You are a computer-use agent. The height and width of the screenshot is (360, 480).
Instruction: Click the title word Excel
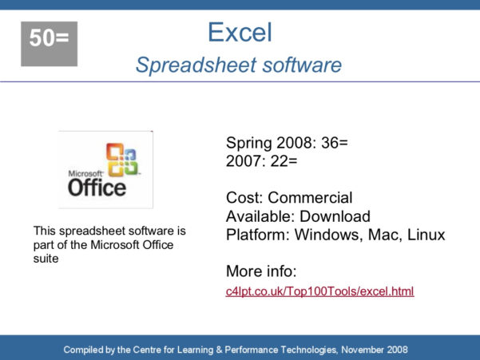pyautogui.click(x=240, y=32)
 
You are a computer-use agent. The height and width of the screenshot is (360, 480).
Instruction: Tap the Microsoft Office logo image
pyautogui.click(x=105, y=169)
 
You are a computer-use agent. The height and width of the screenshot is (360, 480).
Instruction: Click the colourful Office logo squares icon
pyautogui.click(x=123, y=159)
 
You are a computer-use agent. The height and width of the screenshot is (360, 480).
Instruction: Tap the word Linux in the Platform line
pyautogui.click(x=426, y=235)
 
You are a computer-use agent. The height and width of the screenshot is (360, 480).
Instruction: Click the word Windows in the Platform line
pyautogui.click(x=324, y=235)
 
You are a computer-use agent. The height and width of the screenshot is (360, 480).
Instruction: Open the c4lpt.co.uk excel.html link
pyautogui.click(x=319, y=291)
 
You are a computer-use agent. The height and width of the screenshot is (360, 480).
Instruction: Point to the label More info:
pyautogui.click(x=261, y=271)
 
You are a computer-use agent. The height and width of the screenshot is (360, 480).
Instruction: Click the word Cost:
pyautogui.click(x=245, y=197)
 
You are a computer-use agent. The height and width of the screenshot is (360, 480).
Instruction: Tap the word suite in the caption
pyautogui.click(x=46, y=258)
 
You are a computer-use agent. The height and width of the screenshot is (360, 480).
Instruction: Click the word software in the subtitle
pyautogui.click(x=294, y=65)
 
